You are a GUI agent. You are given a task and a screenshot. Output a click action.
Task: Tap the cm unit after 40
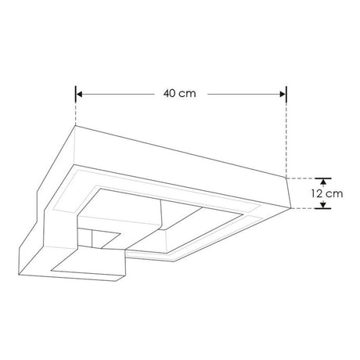click(189, 93)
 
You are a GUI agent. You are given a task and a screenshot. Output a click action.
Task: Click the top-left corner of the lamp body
click(76, 126)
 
